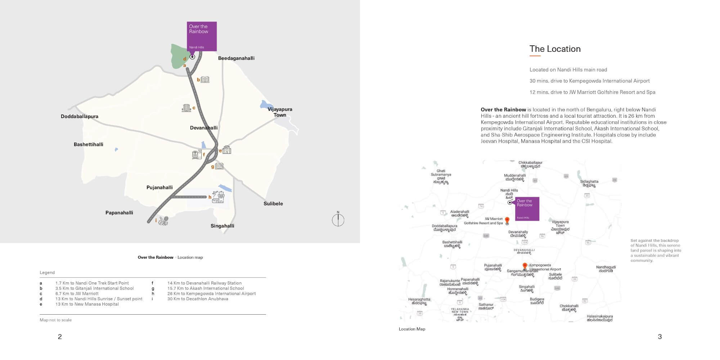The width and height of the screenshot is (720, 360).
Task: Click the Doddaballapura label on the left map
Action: tap(79, 116)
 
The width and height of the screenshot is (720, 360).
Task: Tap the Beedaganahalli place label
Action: tap(236, 58)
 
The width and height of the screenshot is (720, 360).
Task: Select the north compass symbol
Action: tap(338, 220)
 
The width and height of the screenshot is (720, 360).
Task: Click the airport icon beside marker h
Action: tap(218, 197)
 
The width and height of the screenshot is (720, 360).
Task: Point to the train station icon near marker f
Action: tap(197, 154)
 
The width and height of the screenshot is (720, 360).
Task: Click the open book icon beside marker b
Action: tap(205, 79)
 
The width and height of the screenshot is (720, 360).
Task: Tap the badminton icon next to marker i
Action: tap(163, 220)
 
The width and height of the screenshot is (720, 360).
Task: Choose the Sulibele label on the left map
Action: tap(273, 203)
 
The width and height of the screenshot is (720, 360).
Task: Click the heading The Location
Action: tap(555, 49)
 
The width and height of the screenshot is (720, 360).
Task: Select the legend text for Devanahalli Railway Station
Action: tap(204, 283)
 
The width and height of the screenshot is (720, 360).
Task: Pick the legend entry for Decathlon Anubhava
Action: tap(197, 299)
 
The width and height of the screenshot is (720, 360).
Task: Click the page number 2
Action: tap(60, 337)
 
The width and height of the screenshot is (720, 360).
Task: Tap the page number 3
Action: tap(660, 337)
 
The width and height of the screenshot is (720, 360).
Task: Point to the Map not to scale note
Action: tap(55, 320)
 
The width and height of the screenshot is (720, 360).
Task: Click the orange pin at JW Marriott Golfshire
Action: tap(507, 220)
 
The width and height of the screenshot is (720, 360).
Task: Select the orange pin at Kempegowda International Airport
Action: tap(525, 266)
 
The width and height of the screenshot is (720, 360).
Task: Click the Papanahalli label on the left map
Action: tap(119, 212)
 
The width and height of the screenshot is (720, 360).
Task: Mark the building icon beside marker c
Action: tap(186, 108)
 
